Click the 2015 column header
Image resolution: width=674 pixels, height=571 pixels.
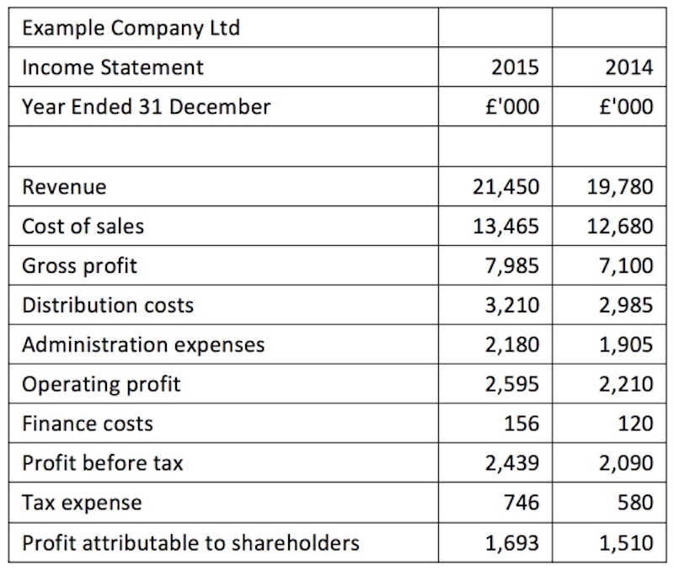[515, 67]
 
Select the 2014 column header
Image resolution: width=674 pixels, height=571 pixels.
[629, 67]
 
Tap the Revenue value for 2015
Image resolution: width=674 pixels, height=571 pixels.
[505, 186]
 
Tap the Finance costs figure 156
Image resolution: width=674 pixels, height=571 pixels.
[522, 424]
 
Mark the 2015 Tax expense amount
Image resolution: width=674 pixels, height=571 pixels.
[522, 503]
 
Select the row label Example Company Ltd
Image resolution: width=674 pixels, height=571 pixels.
[131, 28]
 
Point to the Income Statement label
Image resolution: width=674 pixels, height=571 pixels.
[112, 67]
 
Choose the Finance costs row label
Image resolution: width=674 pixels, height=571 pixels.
[88, 424]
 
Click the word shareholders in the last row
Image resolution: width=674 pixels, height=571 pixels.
[297, 542]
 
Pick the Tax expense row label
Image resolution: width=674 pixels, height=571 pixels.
[82, 503]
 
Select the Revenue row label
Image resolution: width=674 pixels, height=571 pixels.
[64, 186]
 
